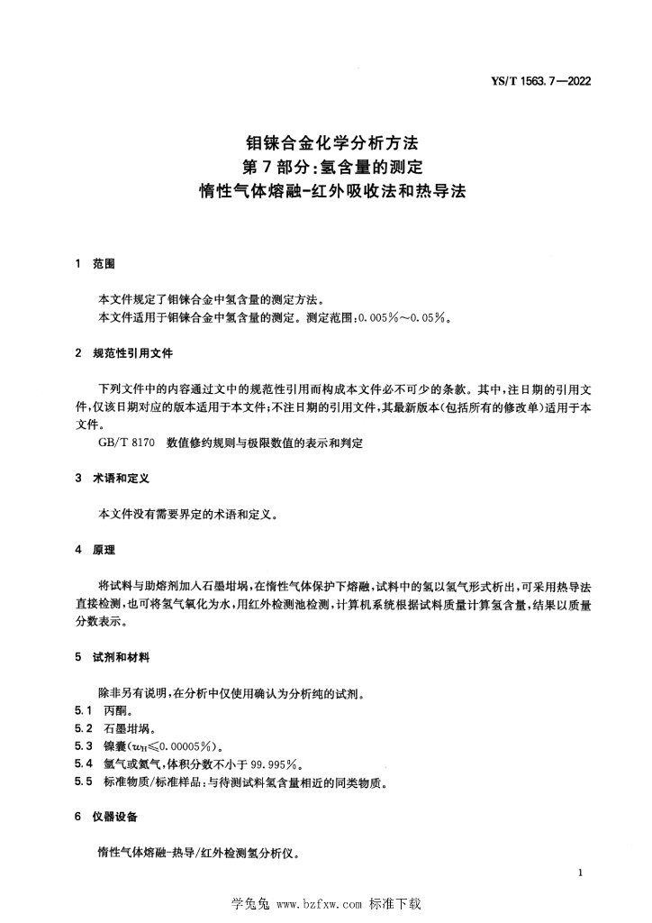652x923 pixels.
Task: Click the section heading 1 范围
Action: pyautogui.click(x=95, y=264)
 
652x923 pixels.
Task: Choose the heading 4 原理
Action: pyautogui.click(x=95, y=549)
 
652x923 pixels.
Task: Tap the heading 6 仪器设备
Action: pyautogui.click(x=105, y=817)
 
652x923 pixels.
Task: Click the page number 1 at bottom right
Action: pyautogui.click(x=582, y=873)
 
